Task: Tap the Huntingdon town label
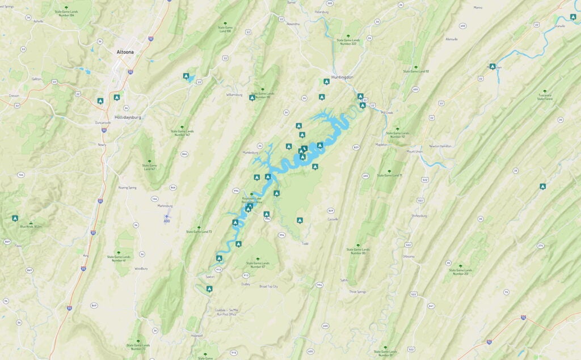click(342, 77)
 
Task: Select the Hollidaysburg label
click(127, 117)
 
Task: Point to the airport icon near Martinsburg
click(166, 216)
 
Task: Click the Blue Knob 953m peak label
click(31, 226)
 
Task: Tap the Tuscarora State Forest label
click(545, 97)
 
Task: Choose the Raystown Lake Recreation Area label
click(251, 200)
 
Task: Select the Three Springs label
click(357, 291)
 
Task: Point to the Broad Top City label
click(268, 286)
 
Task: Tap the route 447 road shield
click(431, 306)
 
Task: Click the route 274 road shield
click(540, 245)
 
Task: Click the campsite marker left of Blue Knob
click(15, 218)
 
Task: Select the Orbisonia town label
click(409, 256)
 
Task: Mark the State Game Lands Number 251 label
click(460, 271)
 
